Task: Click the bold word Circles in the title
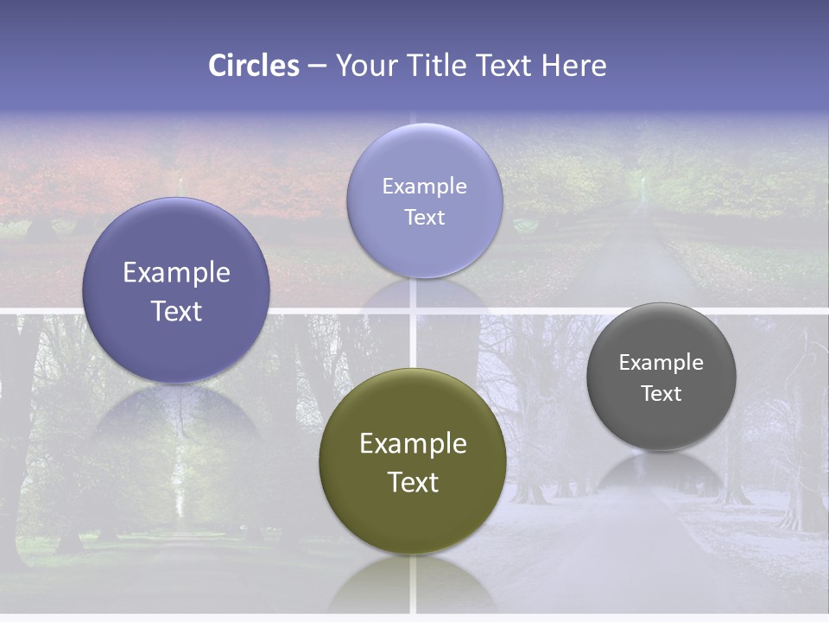[x=254, y=66]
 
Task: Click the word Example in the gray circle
[x=661, y=363]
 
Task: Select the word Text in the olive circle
[x=413, y=482]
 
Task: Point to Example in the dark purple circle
[x=176, y=273]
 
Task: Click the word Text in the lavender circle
[x=424, y=217]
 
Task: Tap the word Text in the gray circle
[x=661, y=393]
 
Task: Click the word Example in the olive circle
[x=413, y=444]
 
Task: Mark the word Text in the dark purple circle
[x=176, y=311]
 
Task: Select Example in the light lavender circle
[x=424, y=186]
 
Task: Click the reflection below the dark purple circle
[x=176, y=415]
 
